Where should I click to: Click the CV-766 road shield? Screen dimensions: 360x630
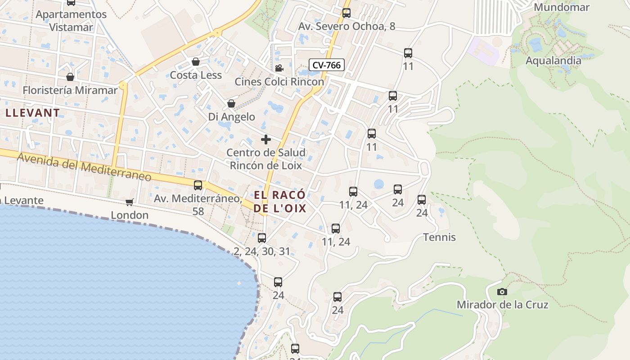point(327,65)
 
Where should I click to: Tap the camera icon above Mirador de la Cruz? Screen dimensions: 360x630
point(502,292)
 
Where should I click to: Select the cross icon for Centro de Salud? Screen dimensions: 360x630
point(266,139)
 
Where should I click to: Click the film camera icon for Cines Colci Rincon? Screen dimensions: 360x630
point(279,68)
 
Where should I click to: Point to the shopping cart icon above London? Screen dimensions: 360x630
point(130,202)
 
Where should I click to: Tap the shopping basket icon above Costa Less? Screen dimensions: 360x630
point(196,62)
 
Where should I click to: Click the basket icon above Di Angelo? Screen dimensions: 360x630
point(231,104)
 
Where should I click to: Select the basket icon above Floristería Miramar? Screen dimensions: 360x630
point(70,77)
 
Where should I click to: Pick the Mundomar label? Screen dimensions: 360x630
point(561,7)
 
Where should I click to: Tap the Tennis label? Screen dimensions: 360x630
point(439,237)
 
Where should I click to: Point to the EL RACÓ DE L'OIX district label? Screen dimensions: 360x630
point(279,202)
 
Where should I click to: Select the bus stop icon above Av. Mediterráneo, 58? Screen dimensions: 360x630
point(198,185)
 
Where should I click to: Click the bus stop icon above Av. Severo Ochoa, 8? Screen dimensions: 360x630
point(346,13)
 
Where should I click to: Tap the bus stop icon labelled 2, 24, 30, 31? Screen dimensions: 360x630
point(262,238)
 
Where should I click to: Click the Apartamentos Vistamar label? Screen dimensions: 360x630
point(71,21)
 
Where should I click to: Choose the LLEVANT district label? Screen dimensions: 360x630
point(32,112)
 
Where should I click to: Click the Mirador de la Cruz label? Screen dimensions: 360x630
point(502,305)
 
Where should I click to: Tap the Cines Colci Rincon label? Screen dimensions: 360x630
point(279,82)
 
